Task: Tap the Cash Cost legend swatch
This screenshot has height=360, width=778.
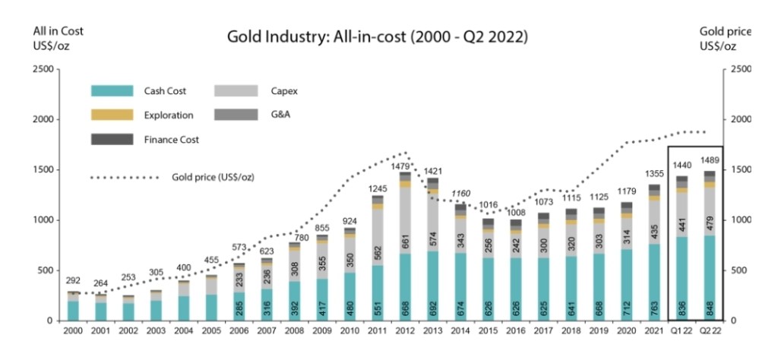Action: [x=112, y=91]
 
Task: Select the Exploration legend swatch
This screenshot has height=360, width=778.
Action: [x=112, y=115]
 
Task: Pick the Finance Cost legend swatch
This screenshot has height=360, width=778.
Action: [x=112, y=140]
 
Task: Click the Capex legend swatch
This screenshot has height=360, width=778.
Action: [x=238, y=91]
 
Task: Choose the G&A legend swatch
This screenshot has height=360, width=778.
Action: [x=238, y=115]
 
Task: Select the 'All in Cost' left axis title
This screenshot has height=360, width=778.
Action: [x=58, y=31]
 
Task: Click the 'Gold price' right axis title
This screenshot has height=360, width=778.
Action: [x=724, y=31]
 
